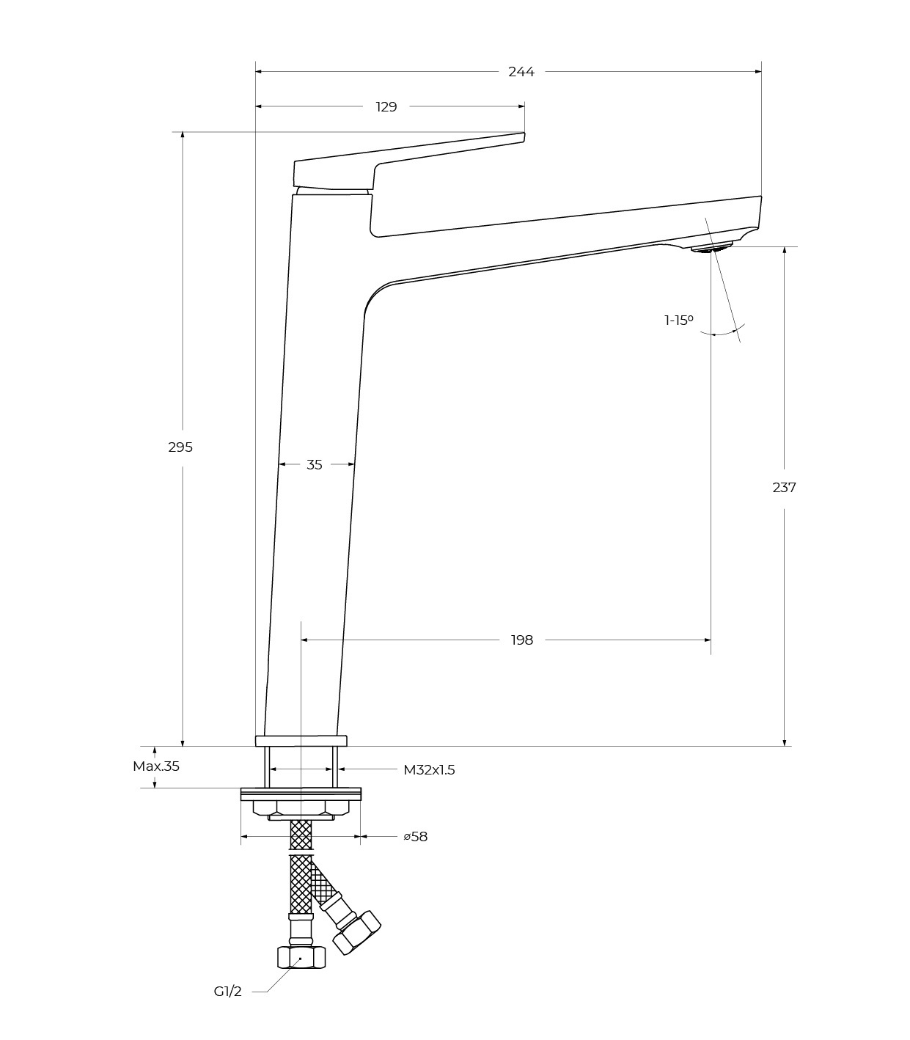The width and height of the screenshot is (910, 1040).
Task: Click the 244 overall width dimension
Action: [x=521, y=72]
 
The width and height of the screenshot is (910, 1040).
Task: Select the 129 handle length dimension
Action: [x=386, y=107]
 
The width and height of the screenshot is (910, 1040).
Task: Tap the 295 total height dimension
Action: [x=180, y=447]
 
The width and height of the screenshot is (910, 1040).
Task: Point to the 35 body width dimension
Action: [x=315, y=464]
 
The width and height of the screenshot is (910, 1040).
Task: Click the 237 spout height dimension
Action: [x=784, y=488]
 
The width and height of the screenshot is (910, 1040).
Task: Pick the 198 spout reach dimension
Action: [x=522, y=640]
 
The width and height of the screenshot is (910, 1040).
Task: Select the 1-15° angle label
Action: [x=679, y=321]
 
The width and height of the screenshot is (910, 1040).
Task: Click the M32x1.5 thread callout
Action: [x=429, y=770]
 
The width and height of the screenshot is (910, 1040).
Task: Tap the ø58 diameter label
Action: [x=416, y=837]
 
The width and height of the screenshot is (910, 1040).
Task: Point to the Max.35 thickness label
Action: [x=156, y=766]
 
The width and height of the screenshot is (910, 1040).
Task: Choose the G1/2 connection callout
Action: [x=227, y=991]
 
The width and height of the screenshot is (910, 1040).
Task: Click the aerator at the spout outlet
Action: [x=711, y=248]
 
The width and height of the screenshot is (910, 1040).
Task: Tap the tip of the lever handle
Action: [x=524, y=133]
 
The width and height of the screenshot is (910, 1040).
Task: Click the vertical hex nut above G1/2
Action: [x=301, y=958]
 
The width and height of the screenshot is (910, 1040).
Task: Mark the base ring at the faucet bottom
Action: [x=301, y=741]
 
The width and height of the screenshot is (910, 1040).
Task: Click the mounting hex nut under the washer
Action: [x=301, y=808]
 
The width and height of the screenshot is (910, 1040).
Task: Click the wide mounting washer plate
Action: [x=301, y=794]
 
